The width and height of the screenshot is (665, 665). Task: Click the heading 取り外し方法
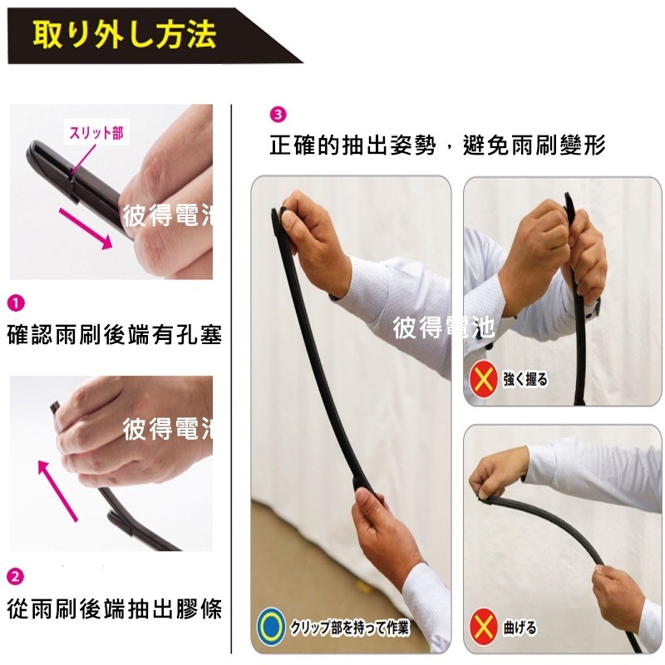click(125, 35)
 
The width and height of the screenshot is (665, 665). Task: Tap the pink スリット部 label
click(96, 132)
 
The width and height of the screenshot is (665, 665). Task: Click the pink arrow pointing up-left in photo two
click(58, 490)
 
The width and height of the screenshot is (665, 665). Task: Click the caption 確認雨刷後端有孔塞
click(114, 335)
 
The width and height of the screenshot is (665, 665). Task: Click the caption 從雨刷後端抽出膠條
click(114, 608)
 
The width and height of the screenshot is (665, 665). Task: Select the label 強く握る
click(526, 380)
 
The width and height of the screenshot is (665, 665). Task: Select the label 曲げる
click(520, 628)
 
